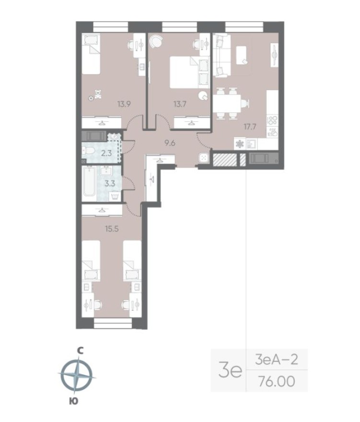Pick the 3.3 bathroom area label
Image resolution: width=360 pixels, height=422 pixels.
point(110,183)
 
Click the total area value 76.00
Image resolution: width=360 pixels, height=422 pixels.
point(276,381)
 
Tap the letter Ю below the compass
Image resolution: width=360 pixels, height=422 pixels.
point(73,401)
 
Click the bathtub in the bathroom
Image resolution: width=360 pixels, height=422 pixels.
point(89,182)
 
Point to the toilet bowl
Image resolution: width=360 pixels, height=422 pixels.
point(89,152)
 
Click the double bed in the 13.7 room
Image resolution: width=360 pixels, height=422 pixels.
point(185,72)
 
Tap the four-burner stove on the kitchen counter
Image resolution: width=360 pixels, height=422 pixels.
point(272,119)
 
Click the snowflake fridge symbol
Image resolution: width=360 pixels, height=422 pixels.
point(240,143)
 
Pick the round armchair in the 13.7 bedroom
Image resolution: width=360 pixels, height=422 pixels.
point(156,42)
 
